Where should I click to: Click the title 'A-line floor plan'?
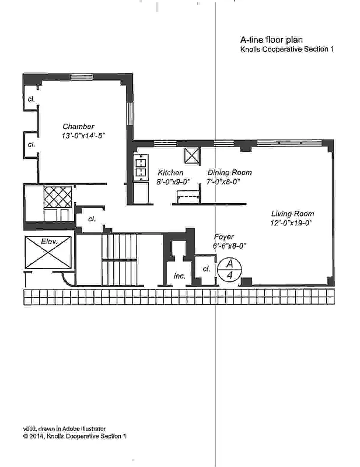coord(265,40)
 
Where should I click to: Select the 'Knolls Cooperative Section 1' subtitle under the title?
coord(286,50)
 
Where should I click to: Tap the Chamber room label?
coord(79,127)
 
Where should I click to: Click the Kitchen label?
coord(170,173)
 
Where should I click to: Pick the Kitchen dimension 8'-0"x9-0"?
coord(170,182)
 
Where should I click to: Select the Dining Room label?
coord(230,173)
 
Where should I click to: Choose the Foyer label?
coord(223,237)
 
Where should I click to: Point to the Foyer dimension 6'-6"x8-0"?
coord(229,246)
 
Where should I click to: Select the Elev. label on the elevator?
coord(48,241)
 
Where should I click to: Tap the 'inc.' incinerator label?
coord(179,276)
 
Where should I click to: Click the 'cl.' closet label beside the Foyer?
coord(206,269)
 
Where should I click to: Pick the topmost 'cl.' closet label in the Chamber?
coord(31,99)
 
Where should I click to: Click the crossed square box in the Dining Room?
coord(192,156)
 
